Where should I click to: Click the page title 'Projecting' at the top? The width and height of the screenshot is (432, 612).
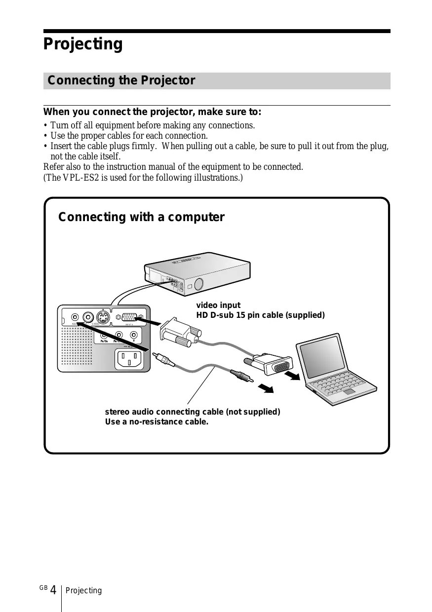tap(83, 44)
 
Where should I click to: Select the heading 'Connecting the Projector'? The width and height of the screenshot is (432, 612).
tap(121, 80)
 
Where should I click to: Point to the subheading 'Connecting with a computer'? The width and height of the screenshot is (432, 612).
tap(141, 217)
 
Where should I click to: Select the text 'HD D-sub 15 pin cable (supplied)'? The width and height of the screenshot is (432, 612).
tap(260, 315)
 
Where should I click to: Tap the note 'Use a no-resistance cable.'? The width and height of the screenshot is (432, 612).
tap(157, 422)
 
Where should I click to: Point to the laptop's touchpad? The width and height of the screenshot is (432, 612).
tap(350, 391)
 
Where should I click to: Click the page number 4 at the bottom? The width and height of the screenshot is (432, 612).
tap(53, 591)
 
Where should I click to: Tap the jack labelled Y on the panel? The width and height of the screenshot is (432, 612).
tap(133, 336)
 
